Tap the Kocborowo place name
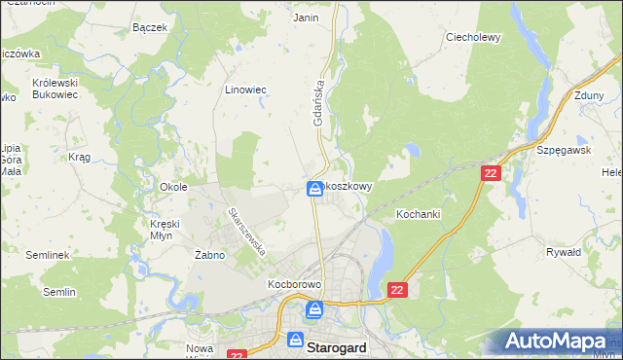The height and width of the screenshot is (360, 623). tap(294, 286)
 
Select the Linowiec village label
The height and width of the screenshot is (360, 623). tap(245, 90)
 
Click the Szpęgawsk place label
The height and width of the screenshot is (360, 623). tap(564, 151)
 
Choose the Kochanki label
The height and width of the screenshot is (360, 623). tap(420, 212)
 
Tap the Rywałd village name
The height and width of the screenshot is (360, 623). tap(564, 251)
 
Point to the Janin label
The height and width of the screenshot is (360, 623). tap(306, 18)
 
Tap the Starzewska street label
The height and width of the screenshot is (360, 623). tap(246, 231)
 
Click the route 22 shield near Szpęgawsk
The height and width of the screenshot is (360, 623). tap(491, 172)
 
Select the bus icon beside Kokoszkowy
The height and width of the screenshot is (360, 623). tap(315, 189)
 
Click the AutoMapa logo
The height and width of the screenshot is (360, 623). tap(558, 341)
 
